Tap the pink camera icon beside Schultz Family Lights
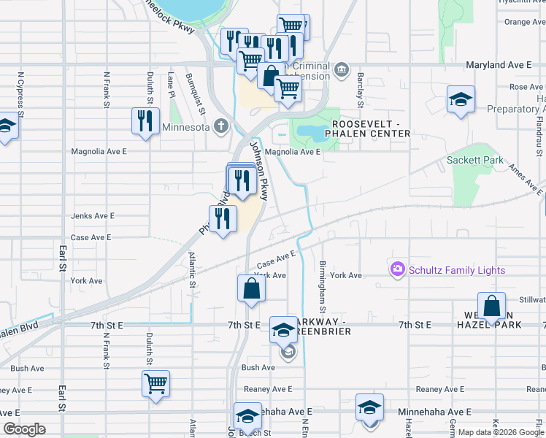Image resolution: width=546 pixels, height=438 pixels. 398,270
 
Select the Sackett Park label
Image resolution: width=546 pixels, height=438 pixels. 475,160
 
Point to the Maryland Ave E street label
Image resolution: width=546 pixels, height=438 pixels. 499,65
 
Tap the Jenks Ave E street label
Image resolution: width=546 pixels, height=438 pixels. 93,216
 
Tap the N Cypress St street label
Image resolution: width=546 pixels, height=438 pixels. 21,95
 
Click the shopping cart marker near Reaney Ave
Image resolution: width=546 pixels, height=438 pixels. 156,383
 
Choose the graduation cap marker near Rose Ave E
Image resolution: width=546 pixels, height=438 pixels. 461,99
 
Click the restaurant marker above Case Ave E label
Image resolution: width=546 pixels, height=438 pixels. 223,218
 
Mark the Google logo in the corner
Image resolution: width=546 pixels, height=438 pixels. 24,429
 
